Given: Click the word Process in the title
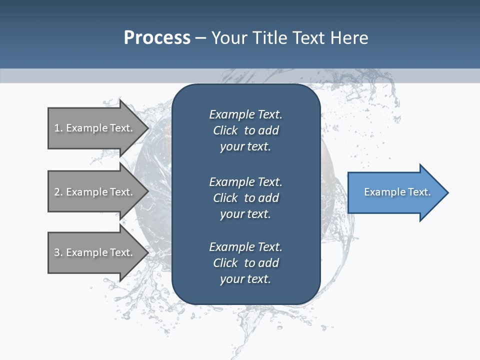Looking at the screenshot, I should (x=157, y=38).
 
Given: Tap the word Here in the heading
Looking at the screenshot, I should (x=350, y=38).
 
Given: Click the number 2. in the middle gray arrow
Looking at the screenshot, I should (x=58, y=192).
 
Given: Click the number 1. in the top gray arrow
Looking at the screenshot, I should (x=58, y=128).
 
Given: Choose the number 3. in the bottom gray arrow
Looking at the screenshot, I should (x=58, y=252).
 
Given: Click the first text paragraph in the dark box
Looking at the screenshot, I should (x=245, y=130).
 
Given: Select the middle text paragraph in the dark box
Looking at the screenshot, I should (x=245, y=198).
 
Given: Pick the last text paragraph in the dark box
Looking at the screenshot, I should (x=245, y=263).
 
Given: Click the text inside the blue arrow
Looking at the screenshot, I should (x=397, y=192).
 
